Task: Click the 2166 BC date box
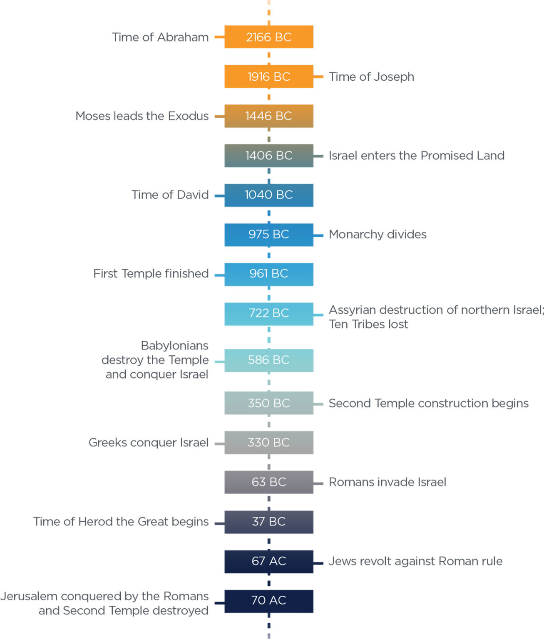coord(268,37)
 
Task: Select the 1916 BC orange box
coord(268,77)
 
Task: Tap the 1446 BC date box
coord(268,116)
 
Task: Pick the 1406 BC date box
coord(268,156)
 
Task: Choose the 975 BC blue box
coord(268,235)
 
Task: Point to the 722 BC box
coord(268,313)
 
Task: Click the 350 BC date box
coord(268,403)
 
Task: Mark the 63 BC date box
coord(268,482)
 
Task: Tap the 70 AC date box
coord(268,601)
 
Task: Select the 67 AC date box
coord(268,561)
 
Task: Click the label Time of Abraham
coord(160,37)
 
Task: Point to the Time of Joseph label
coord(371,77)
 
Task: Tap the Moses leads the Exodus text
coord(142,116)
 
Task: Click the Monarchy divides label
coord(378,235)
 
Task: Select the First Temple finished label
coord(151,274)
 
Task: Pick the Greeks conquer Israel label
coord(148,443)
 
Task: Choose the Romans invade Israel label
coord(387,482)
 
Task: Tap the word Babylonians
coord(174,346)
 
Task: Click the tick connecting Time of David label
coord(219,196)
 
